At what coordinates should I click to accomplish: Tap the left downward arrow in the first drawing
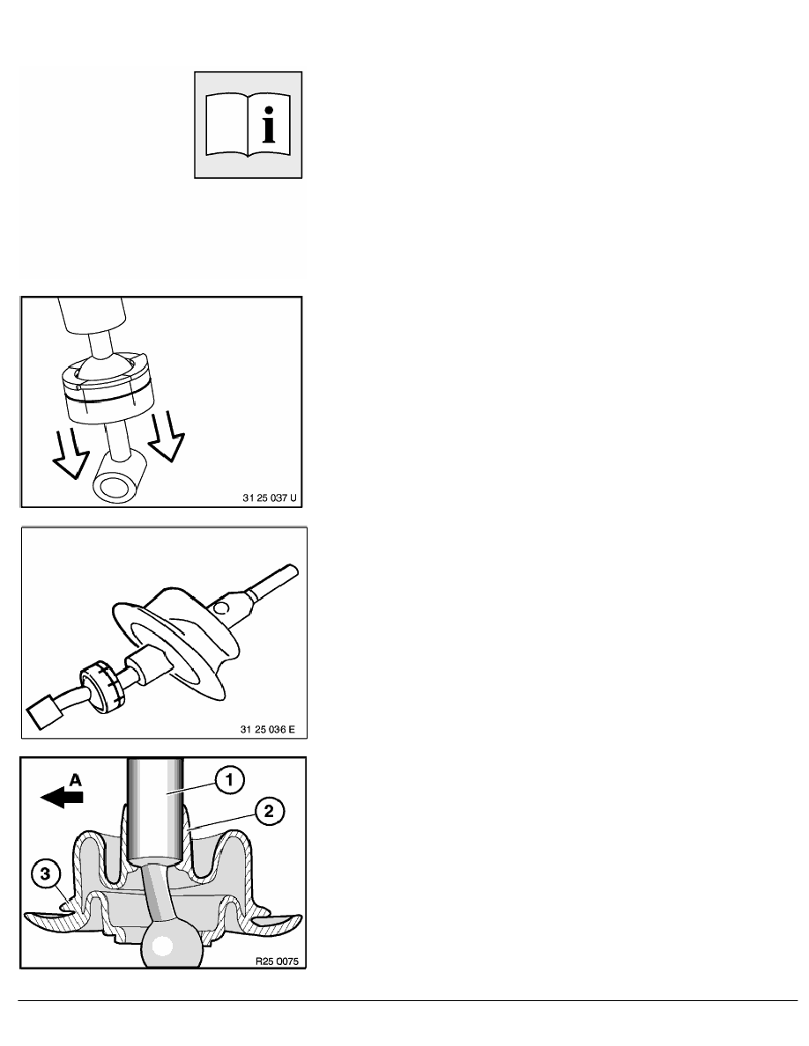[x=71, y=453]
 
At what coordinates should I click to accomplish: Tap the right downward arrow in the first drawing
[x=167, y=436]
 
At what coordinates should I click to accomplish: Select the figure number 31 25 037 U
[x=269, y=497]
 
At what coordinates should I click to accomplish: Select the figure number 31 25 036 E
[x=267, y=729]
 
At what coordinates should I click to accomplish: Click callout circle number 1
[x=229, y=780]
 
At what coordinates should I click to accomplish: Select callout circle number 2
[x=269, y=811]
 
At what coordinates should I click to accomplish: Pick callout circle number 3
[x=45, y=874]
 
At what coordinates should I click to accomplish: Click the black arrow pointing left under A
[x=62, y=797]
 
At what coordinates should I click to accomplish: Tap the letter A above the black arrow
[x=76, y=778]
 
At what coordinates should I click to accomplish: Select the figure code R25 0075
[x=278, y=961]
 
